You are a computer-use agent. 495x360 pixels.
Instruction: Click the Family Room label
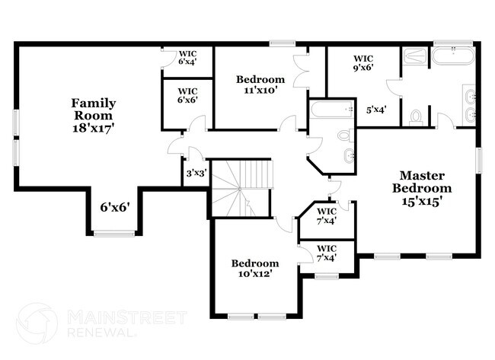click(94, 115)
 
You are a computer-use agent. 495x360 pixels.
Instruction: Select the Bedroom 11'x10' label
click(260, 84)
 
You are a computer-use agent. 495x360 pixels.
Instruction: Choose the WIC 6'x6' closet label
click(187, 96)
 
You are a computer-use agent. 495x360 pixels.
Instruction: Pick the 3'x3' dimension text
click(196, 174)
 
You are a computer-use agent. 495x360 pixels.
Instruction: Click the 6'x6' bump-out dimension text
click(114, 205)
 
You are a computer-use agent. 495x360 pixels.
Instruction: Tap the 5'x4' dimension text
click(376, 110)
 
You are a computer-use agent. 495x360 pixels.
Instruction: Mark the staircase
click(241, 186)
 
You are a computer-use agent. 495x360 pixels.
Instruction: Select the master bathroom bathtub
click(454, 57)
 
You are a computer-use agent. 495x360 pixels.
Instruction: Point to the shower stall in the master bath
click(415, 57)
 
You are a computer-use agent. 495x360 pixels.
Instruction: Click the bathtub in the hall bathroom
click(331, 111)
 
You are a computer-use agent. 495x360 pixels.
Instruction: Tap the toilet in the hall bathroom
click(343, 135)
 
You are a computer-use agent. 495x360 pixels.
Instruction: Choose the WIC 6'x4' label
click(187, 57)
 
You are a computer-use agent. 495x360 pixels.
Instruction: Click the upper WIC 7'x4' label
click(327, 216)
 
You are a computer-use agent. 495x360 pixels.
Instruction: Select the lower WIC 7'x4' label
click(327, 253)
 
